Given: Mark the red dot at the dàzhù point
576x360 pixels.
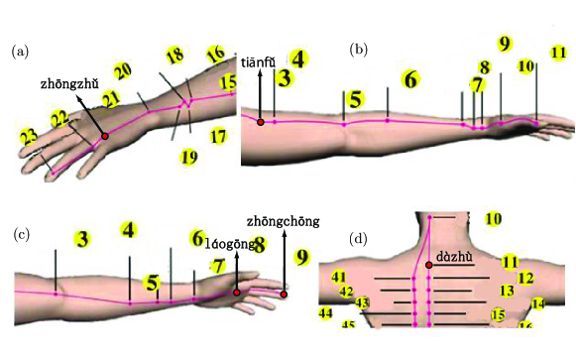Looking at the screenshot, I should point(429,266).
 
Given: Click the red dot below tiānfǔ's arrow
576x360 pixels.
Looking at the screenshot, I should point(261,122).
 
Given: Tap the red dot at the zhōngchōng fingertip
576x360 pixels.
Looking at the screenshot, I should point(284,294).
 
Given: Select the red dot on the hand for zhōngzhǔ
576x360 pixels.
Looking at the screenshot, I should point(104,136).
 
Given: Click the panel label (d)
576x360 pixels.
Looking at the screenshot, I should point(359,238).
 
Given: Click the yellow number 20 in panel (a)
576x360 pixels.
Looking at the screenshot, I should point(122,71).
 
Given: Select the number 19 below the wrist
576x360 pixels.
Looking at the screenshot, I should point(189,156).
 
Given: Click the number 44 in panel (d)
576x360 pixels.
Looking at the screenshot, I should point(325,313).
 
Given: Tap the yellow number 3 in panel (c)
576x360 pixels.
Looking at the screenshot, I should point(82,239).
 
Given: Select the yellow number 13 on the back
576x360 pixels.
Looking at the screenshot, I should point(507,291).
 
